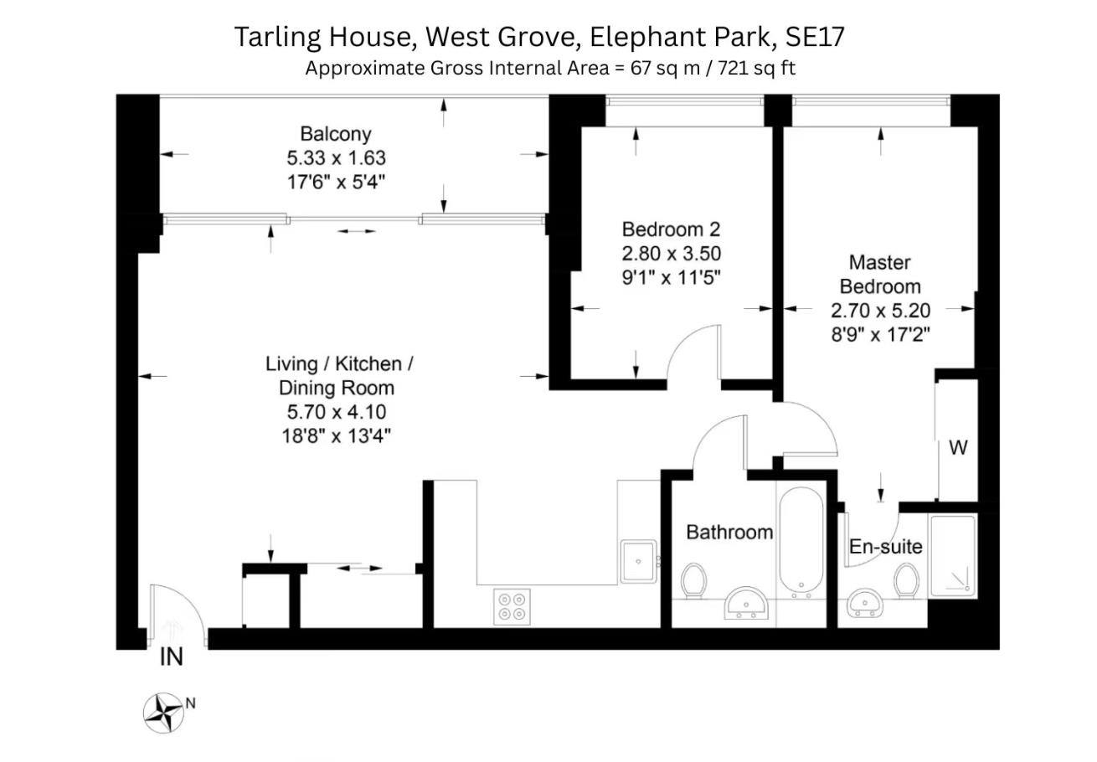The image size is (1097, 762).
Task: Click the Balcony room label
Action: pyautogui.click(x=335, y=134)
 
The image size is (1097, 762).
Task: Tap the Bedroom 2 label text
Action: pyautogui.click(x=671, y=229)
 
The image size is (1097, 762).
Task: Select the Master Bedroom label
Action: pyautogui.click(x=880, y=275)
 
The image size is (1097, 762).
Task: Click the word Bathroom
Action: pyautogui.click(x=729, y=533)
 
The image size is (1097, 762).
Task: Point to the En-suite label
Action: pyautogui.click(x=885, y=547)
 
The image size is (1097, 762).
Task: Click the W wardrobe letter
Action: pyautogui.click(x=958, y=448)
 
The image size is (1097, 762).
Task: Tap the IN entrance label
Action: pyautogui.click(x=171, y=658)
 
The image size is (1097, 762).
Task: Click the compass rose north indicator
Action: pyautogui.click(x=164, y=713)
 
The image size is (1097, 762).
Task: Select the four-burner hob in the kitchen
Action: pyautogui.click(x=512, y=605)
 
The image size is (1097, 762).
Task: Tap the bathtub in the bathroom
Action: pyautogui.click(x=801, y=542)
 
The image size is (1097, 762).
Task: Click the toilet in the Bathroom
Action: pyautogui.click(x=693, y=581)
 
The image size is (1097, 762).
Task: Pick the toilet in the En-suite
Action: pyautogui.click(x=906, y=580)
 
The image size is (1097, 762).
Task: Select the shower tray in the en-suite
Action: pyautogui.click(x=953, y=556)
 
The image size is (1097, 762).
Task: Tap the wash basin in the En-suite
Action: pyautogui.click(x=864, y=602)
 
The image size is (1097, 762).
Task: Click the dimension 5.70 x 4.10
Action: pyautogui.click(x=336, y=412)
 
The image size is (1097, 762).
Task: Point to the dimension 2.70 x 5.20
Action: pyautogui.click(x=880, y=311)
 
